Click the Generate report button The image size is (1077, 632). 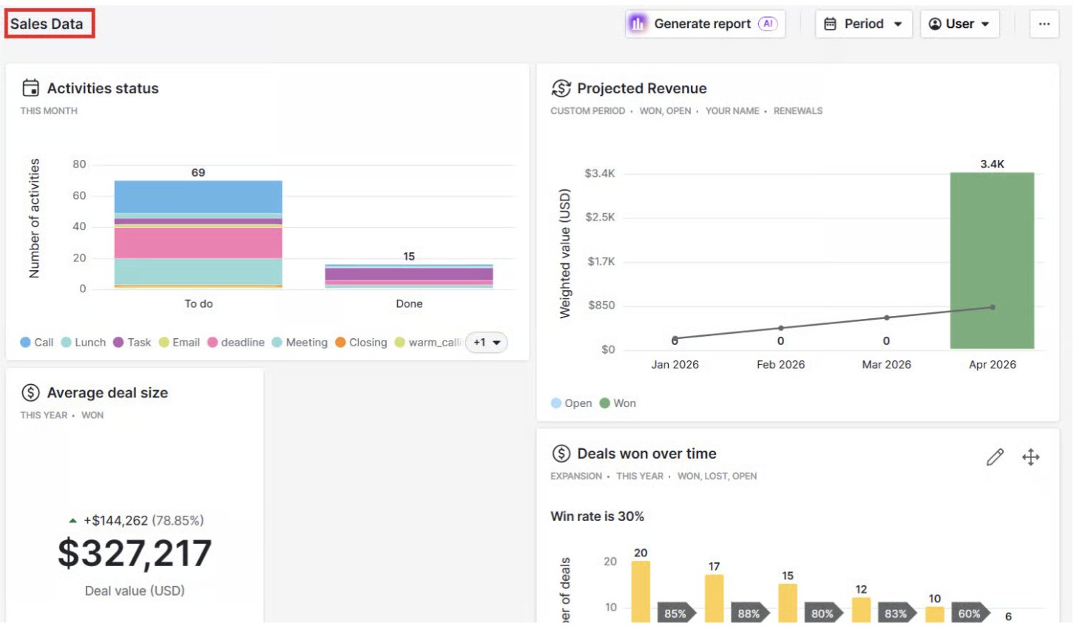pos(706,24)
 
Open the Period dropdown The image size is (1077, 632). pos(863,24)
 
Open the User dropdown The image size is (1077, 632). pos(959,24)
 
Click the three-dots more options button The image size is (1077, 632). pos(1044,24)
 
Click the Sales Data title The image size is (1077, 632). pos(47,24)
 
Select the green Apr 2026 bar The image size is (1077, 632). pos(992,260)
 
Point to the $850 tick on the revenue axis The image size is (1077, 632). pos(601,306)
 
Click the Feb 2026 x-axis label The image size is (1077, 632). pos(780,365)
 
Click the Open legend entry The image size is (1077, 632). pos(571,403)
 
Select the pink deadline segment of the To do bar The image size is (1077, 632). pos(198,243)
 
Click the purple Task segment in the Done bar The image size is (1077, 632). pos(408,274)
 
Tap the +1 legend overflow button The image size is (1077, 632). pos(486,343)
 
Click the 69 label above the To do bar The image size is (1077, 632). pos(198,172)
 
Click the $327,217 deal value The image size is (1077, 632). pos(135,553)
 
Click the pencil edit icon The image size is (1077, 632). pos(995,457)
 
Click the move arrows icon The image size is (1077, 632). pos(1031,457)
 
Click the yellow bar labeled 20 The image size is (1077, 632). pos(641,591)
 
